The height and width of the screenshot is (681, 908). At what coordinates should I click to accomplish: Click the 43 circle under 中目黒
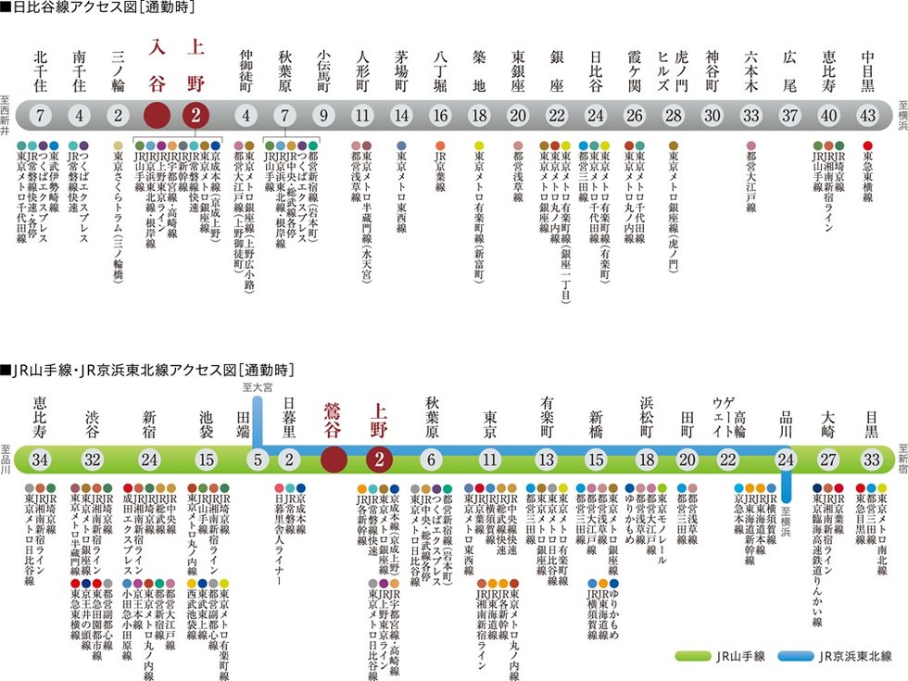tap(868, 116)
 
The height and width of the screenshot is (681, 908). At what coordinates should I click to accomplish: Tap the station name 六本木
tap(751, 65)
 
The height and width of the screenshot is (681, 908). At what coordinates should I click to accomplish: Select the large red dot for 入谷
tap(157, 116)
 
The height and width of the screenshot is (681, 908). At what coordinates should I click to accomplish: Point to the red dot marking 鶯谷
tap(334, 459)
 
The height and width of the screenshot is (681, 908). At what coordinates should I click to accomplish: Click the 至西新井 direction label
tap(6, 117)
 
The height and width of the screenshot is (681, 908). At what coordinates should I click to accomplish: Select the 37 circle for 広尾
tap(789, 116)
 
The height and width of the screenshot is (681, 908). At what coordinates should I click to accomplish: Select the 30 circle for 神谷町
tap(712, 116)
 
